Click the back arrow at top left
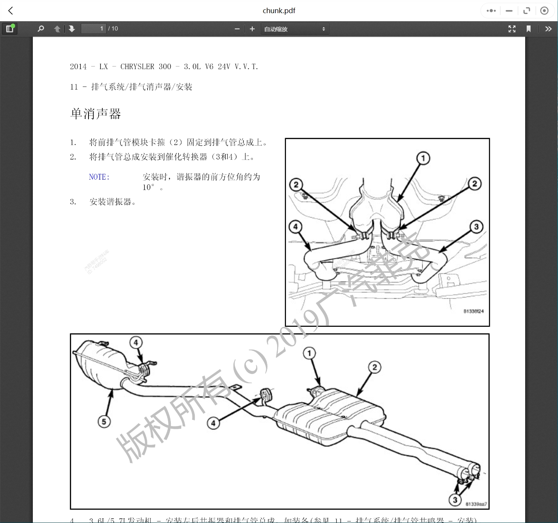click(11, 11)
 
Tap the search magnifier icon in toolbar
click(41, 29)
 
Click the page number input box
click(93, 29)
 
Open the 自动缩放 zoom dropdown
click(295, 29)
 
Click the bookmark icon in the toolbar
click(528, 29)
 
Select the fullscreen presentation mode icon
click(512, 29)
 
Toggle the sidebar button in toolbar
click(10, 29)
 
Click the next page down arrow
click(72, 29)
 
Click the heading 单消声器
click(95, 114)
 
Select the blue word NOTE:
click(99, 177)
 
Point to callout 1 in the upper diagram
click(423, 158)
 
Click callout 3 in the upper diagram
click(476, 227)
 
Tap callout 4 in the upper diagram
click(295, 226)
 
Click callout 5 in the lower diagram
click(104, 421)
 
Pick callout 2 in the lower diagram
click(374, 367)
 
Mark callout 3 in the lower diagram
click(455, 500)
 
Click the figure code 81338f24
click(473, 311)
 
